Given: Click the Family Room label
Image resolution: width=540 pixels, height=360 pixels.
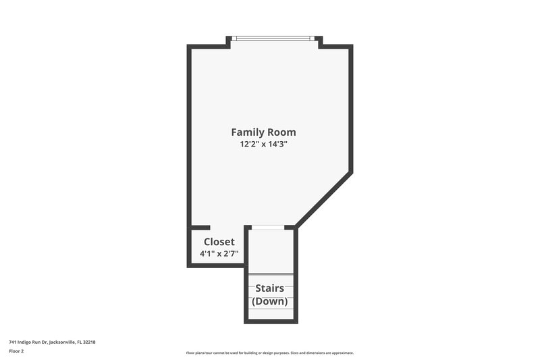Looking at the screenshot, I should [x=263, y=132].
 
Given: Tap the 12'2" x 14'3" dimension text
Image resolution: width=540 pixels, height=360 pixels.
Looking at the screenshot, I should [x=263, y=145].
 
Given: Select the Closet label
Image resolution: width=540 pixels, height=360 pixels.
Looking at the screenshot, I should [x=219, y=241].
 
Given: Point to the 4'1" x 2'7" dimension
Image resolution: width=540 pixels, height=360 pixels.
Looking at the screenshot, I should [x=219, y=254].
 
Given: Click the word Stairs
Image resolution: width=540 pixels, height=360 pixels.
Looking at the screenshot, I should [x=270, y=288].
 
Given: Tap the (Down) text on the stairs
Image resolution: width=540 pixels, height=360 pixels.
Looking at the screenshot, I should [x=270, y=301].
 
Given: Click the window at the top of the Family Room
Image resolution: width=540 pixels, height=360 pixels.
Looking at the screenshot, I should [x=273, y=38].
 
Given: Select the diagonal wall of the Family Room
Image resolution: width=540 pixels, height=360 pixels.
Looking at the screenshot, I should [x=324, y=199].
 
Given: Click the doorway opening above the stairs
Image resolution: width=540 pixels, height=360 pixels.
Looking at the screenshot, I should [x=270, y=228].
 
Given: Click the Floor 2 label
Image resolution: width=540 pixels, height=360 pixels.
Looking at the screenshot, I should [x=16, y=351].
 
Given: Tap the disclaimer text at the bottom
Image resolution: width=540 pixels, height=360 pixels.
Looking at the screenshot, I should [x=270, y=353].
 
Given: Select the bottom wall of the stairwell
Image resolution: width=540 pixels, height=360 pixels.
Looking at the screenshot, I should [x=270, y=321].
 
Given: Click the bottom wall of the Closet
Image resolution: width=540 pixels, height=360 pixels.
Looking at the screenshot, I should [x=216, y=265].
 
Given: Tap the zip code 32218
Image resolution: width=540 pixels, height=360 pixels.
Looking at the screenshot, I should [x=89, y=342].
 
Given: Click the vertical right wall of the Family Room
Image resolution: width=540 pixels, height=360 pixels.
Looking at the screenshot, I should [x=350, y=108].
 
